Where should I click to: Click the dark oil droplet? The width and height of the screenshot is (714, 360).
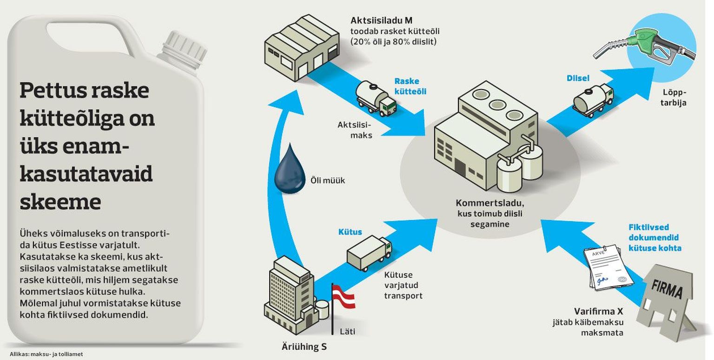290,171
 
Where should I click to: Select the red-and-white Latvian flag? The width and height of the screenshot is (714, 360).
344,297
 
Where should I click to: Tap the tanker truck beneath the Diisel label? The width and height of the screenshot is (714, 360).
593,100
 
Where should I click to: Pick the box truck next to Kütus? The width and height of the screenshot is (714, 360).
369,253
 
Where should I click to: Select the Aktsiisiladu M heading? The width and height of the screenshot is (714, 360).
381,20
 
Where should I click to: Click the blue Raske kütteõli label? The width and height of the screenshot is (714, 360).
410,86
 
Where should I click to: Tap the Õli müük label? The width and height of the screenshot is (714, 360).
328,180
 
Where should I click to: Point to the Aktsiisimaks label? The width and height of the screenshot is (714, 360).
355,130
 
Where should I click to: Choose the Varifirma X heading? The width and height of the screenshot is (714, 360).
599,311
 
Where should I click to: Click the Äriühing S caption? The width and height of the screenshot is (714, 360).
304,347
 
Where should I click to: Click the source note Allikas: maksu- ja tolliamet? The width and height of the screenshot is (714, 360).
46,354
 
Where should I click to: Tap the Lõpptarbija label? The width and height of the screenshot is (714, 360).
673,98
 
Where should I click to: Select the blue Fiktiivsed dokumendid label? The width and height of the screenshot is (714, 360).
654,238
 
